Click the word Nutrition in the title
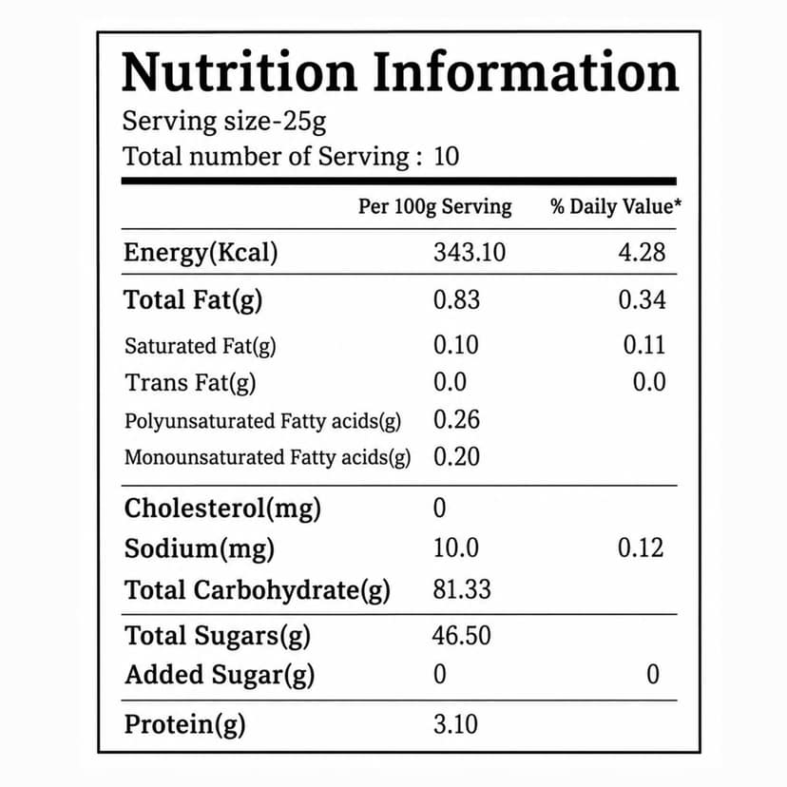[x=240, y=72]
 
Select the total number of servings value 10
[x=446, y=156]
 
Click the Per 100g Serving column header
[x=434, y=207]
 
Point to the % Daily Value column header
[x=616, y=206]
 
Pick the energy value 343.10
[x=470, y=252]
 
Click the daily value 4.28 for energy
[x=642, y=252]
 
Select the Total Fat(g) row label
[x=193, y=300]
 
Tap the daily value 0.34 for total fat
[x=642, y=299]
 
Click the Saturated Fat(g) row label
[x=201, y=346]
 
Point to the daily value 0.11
[x=644, y=345]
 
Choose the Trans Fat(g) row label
[x=190, y=383]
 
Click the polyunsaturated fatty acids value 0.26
[x=457, y=419]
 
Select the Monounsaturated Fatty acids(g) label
[x=267, y=457]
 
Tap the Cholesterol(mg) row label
[x=222, y=509]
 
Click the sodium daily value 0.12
[x=641, y=547]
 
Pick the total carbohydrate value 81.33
[x=462, y=589]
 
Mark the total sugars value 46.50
[x=461, y=636]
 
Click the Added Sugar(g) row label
[x=220, y=675]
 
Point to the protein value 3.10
[x=455, y=724]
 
